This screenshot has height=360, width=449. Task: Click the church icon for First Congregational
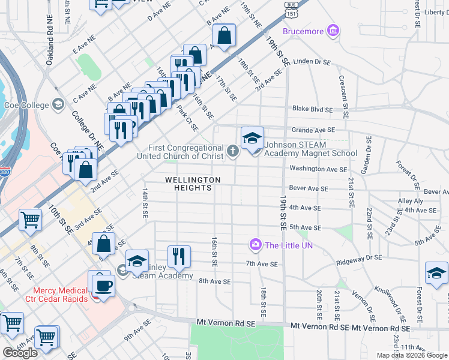(234, 151)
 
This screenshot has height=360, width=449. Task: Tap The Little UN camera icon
(256, 244)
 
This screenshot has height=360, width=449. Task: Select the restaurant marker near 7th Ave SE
(179, 257)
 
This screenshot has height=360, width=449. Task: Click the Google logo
(20, 353)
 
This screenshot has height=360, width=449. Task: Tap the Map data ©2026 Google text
(411, 355)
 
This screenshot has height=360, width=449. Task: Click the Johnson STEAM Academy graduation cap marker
(253, 138)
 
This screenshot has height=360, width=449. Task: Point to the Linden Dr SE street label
(312, 62)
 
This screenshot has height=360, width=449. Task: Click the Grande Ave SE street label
(313, 130)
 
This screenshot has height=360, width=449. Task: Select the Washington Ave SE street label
(318, 169)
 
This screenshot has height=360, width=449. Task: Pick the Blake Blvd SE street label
(312, 109)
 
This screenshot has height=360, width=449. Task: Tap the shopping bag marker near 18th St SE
(224, 36)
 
